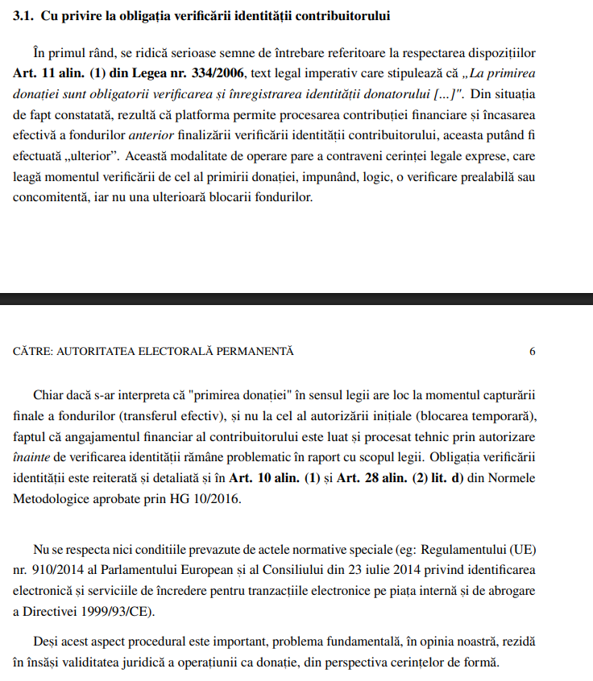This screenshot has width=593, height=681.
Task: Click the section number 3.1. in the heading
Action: coord(25,15)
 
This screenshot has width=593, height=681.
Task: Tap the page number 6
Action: coord(532,352)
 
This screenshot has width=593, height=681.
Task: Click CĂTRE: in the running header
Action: coord(32,352)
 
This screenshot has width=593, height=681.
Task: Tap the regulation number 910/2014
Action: coord(46,572)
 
